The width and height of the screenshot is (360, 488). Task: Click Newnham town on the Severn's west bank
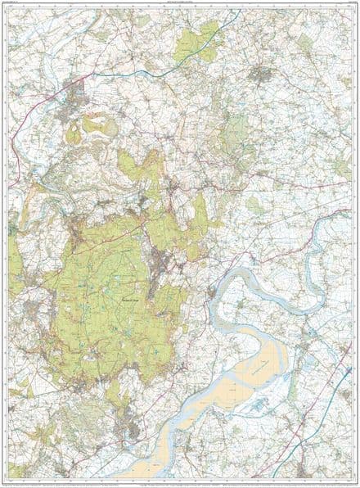(214, 293)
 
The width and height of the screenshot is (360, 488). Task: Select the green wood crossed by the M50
(203, 36)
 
